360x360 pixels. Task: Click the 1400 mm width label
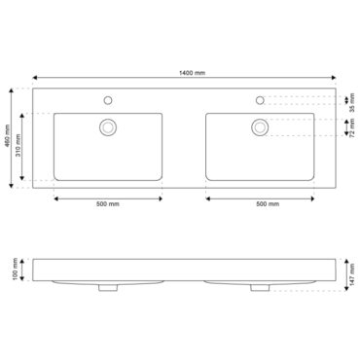[192, 73]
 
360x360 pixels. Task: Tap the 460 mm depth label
[8, 136]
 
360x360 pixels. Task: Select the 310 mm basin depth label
[18, 146]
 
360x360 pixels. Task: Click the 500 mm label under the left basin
[108, 204]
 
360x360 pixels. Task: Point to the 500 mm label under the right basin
[268, 204]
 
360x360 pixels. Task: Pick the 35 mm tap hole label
[352, 103]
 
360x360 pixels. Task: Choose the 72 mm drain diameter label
[352, 128]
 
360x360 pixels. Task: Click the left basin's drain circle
[108, 127]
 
